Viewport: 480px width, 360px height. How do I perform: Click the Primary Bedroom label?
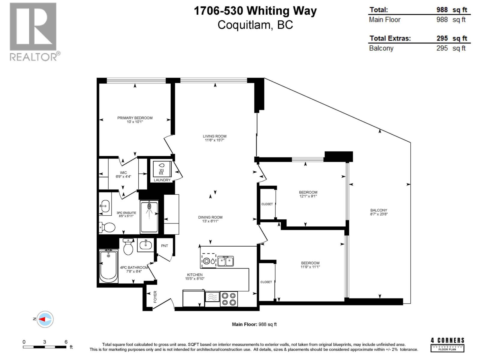pyautogui.click(x=135, y=118)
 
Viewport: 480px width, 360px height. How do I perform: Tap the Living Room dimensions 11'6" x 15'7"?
pyautogui.click(x=214, y=140)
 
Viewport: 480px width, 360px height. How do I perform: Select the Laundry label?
pyautogui.click(x=162, y=180)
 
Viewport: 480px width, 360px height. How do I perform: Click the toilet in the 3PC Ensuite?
pyautogui.click(x=107, y=227)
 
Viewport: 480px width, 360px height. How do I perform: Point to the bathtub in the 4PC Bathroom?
pyautogui.click(x=108, y=266)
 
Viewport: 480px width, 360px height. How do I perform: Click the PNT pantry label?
pyautogui.click(x=164, y=246)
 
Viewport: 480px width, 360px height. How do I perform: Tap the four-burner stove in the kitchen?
pyautogui.click(x=229, y=299)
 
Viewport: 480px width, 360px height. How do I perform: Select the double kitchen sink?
pyautogui.click(x=226, y=261)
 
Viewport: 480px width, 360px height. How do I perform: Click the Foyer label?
pyautogui.click(x=155, y=297)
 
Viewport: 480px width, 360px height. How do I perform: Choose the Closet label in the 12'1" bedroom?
pyautogui.click(x=267, y=204)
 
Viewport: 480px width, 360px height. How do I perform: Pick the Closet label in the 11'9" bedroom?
pyautogui.click(x=266, y=282)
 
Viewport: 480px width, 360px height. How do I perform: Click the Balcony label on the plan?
pyautogui.click(x=379, y=210)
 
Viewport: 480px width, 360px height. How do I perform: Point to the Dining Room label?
pyautogui.click(x=210, y=217)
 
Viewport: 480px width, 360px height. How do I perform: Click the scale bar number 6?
pyautogui.click(x=66, y=342)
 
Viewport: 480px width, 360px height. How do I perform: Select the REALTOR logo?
pyautogui.click(x=34, y=31)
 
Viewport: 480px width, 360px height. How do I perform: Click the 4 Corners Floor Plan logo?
pyautogui.click(x=447, y=345)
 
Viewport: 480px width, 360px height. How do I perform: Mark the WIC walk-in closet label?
pyautogui.click(x=123, y=173)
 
